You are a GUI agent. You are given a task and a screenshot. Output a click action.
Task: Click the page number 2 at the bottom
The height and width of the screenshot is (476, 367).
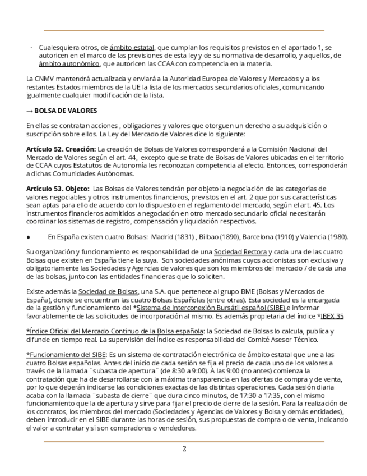[184, 449]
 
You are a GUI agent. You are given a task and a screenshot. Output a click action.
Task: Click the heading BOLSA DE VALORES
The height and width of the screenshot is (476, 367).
[66, 111]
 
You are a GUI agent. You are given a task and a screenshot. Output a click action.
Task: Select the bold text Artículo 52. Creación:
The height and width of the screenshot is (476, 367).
[61, 149]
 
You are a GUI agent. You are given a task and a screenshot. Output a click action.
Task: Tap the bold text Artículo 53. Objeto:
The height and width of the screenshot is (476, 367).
[58, 189]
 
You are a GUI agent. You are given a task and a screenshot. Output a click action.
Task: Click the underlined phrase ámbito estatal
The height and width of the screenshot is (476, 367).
[132, 48]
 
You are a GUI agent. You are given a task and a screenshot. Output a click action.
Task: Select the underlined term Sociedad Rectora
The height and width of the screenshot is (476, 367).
[240, 252]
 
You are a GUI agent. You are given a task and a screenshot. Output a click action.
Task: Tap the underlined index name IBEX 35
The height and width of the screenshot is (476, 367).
[332, 316]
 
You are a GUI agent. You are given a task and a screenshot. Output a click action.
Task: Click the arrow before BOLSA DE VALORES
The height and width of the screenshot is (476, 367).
[30, 111]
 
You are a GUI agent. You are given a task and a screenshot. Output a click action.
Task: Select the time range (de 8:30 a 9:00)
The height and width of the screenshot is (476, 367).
[188, 370]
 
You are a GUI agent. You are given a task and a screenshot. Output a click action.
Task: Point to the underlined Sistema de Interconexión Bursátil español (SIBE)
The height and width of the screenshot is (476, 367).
[211, 308]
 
